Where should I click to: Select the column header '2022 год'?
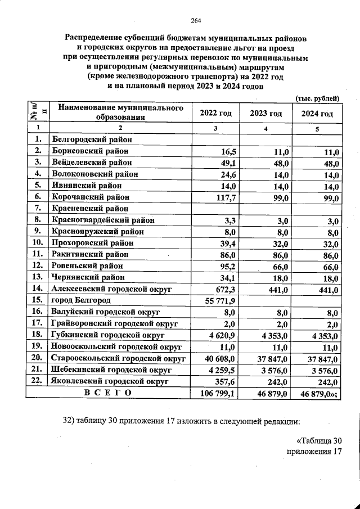click(x=215, y=113)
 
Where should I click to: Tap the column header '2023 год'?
click(x=266, y=113)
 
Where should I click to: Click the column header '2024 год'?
click(x=317, y=113)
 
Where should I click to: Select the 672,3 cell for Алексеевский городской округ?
click(x=223, y=290)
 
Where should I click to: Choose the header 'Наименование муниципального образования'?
click(x=121, y=112)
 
